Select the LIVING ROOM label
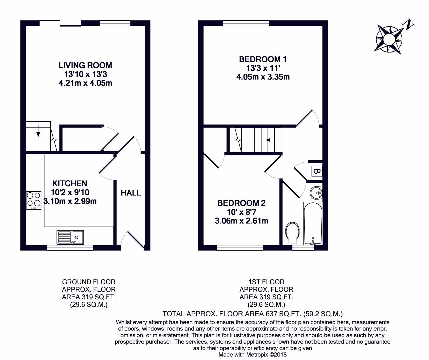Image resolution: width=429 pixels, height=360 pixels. pyautogui.click(x=85, y=65)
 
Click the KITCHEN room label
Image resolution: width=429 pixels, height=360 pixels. pyautogui.click(x=70, y=183)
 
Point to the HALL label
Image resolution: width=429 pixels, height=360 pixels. pyautogui.click(x=131, y=193)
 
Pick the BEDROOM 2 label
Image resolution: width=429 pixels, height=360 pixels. pyautogui.click(x=241, y=203)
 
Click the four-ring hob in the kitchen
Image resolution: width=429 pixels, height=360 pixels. pyautogui.click(x=34, y=200)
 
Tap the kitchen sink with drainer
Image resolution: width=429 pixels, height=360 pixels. pyautogui.click(x=70, y=237)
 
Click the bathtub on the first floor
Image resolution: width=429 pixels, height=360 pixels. pyautogui.click(x=313, y=223)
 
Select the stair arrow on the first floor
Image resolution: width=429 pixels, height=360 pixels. pyautogui.click(x=272, y=140)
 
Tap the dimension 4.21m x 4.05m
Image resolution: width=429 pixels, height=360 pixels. pyautogui.click(x=85, y=83)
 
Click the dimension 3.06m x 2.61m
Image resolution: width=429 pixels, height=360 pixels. pyautogui.click(x=241, y=221)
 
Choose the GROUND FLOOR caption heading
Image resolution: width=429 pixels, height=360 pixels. pyautogui.click(x=89, y=282)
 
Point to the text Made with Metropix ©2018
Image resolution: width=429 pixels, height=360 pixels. pyautogui.click(x=253, y=354)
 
